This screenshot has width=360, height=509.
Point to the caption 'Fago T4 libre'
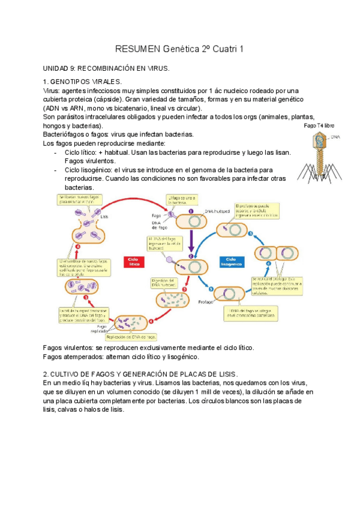click(317, 127)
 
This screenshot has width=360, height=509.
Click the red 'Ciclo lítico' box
click(134, 261)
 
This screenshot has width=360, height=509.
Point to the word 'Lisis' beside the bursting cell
click(104, 217)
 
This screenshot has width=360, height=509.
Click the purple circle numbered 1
click(190, 211)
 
